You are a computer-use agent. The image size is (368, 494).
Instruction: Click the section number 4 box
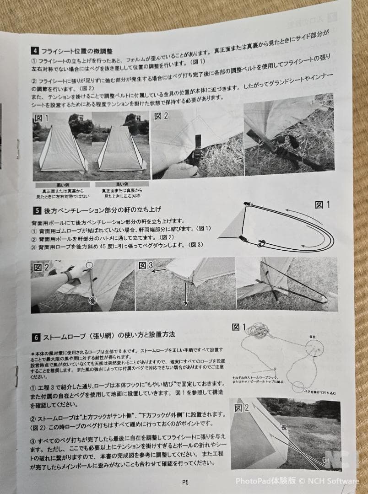click(x=35, y=51)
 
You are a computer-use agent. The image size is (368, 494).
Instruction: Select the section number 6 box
click(x=36, y=338)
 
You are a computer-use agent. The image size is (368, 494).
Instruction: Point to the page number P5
click(x=185, y=481)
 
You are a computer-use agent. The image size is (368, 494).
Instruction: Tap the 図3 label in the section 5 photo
click(x=145, y=265)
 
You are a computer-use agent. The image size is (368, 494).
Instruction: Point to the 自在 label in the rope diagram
click(x=313, y=337)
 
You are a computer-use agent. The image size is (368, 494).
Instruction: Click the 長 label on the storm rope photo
click(x=284, y=427)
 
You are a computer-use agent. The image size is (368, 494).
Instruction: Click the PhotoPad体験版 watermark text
click(x=265, y=481)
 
